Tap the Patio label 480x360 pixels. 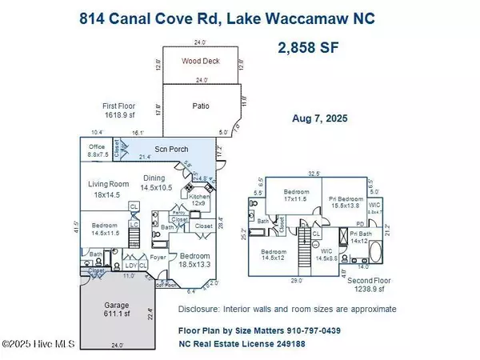(x=202, y=105)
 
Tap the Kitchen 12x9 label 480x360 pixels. (x=200, y=197)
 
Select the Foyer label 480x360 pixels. (x=158, y=258)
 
